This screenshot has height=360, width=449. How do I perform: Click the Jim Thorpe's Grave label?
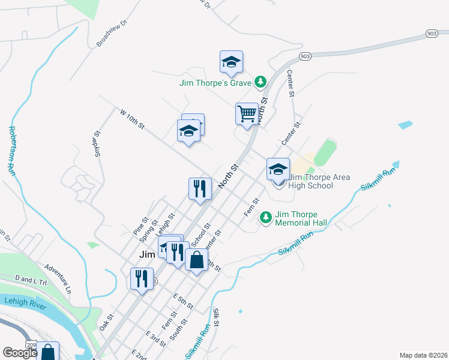[215, 83]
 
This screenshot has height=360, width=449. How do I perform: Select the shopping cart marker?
[247, 113]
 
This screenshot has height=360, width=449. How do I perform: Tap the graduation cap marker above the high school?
[279, 169]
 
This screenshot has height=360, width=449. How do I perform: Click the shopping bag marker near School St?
[196, 260]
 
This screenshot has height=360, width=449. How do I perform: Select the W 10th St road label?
[132, 118]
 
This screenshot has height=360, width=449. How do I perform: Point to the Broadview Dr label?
[112, 34]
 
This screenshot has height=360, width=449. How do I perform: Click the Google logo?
[20, 352]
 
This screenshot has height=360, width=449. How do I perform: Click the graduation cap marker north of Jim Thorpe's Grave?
[231, 62]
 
